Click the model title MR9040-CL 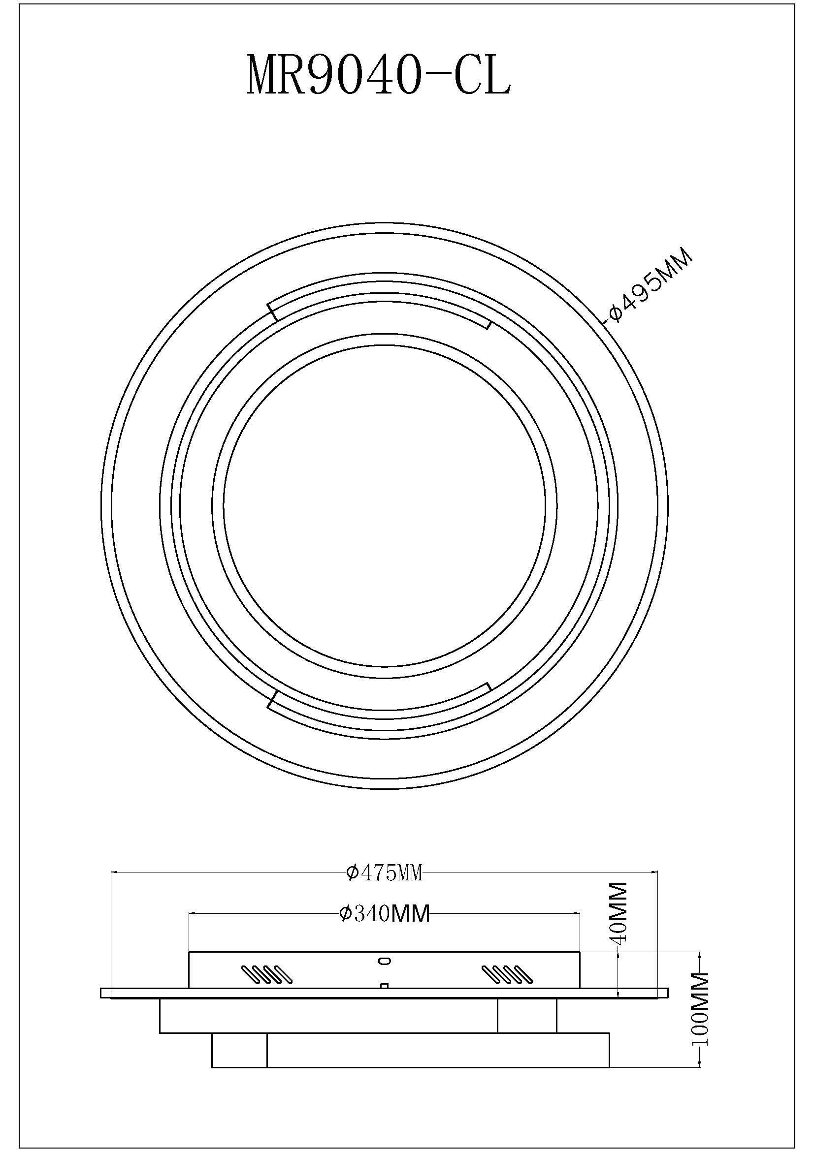click(x=379, y=76)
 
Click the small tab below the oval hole click(x=385, y=986)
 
